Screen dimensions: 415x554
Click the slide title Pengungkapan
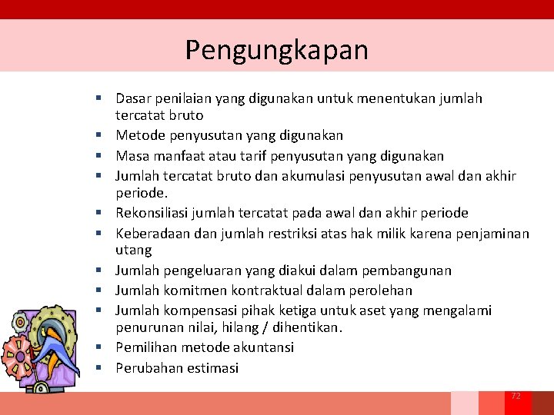pyautogui.click(x=276, y=50)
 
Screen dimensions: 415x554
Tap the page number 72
pyautogui.click(x=516, y=396)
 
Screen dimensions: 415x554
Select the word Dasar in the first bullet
pyautogui.click(x=132, y=98)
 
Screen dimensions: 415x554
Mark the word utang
pyautogui.click(x=133, y=250)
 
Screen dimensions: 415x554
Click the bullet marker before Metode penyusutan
pyautogui.click(x=101, y=135)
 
